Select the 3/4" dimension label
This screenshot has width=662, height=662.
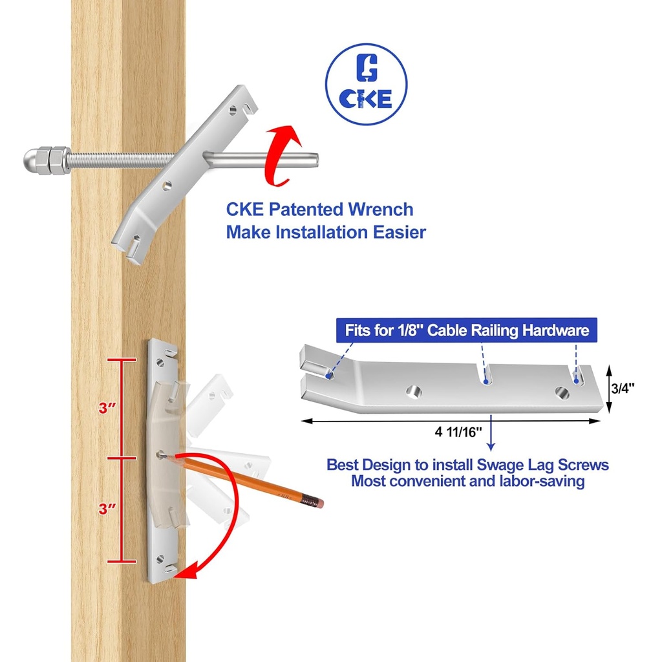623,388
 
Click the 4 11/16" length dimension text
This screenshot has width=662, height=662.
458,432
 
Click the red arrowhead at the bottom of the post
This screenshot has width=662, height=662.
187,571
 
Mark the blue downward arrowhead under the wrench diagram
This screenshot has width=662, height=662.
491,445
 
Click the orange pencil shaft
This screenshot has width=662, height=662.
246,479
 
